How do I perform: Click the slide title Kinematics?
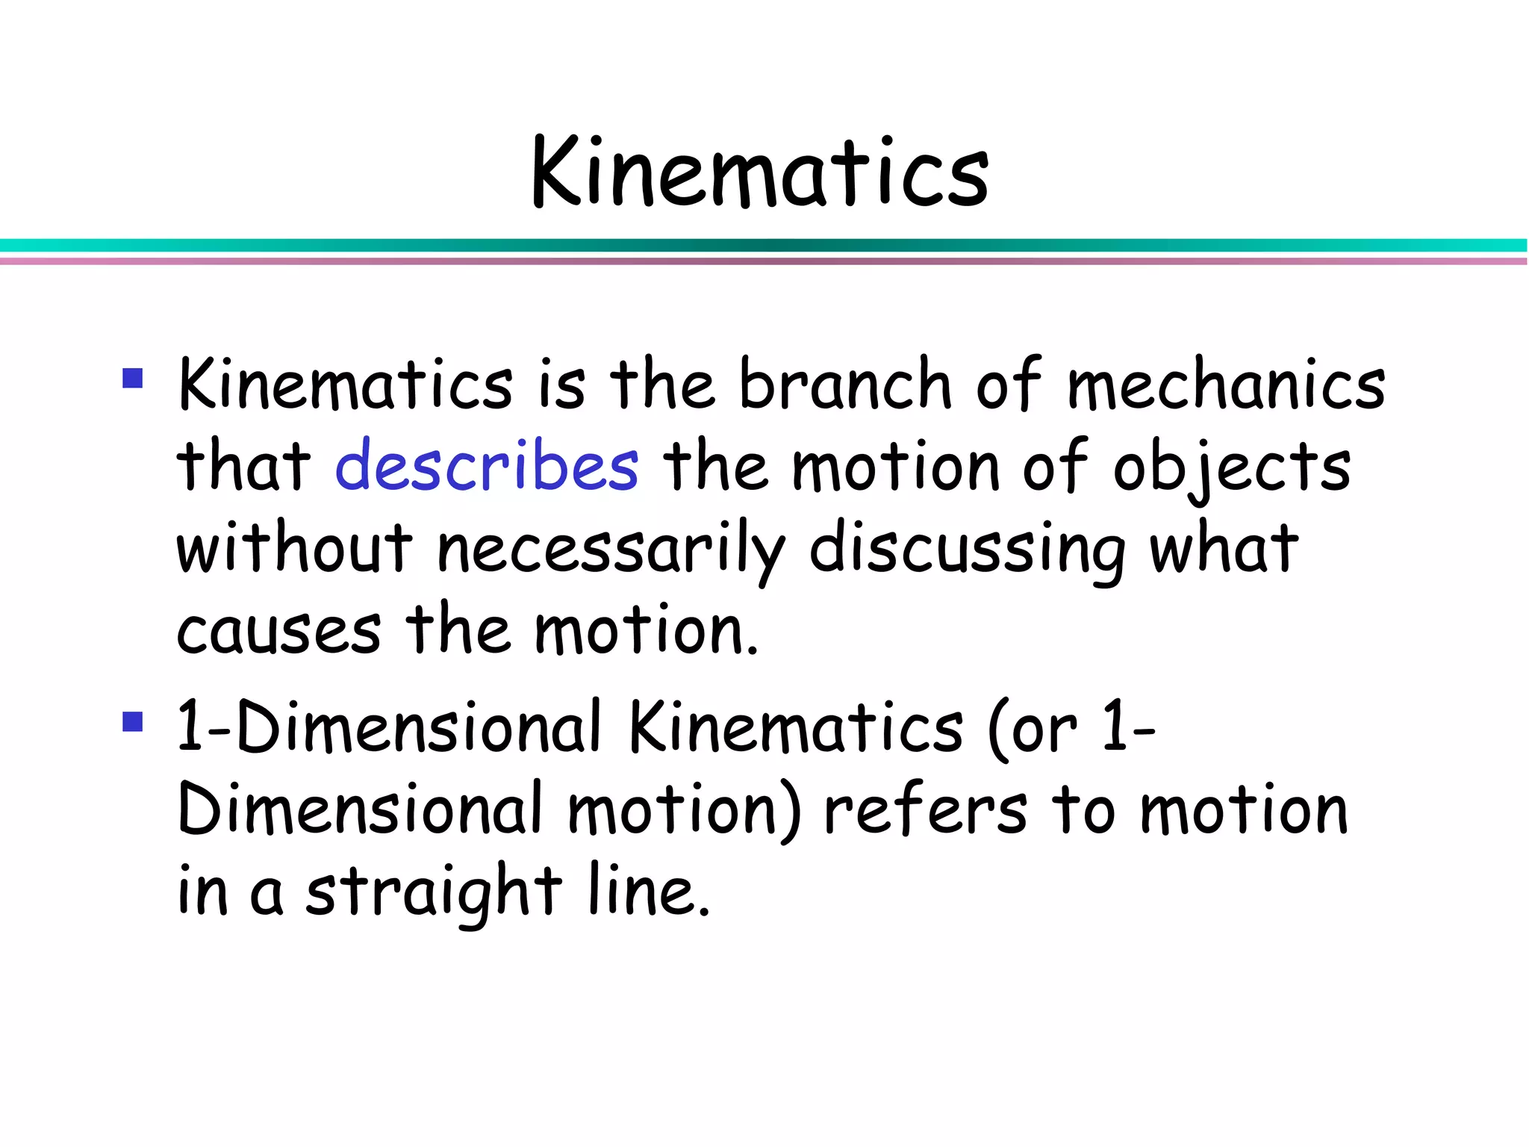click(x=760, y=173)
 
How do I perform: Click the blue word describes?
click(x=487, y=467)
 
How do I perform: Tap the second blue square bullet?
click(x=133, y=721)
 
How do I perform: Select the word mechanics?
click(x=1226, y=385)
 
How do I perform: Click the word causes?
click(x=279, y=631)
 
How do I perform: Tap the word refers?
click(x=926, y=811)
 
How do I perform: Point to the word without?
click(x=294, y=549)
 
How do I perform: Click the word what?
click(x=1224, y=549)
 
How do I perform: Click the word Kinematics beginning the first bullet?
click(x=346, y=385)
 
